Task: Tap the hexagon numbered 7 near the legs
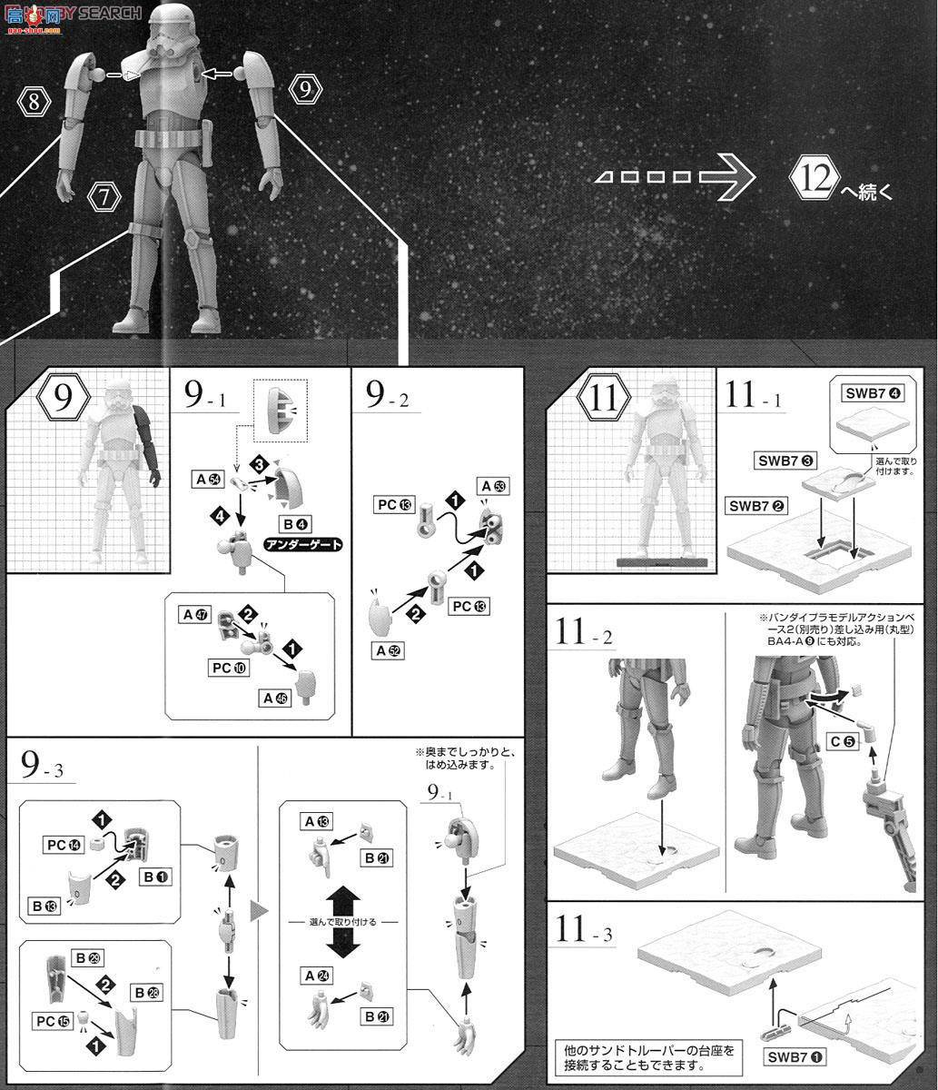105,195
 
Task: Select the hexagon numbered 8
35,102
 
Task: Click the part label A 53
495,487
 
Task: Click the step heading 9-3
45,768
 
